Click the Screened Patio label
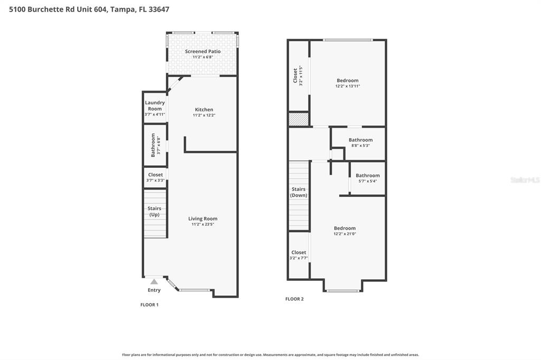pyautogui.click(x=203, y=51)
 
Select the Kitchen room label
pyautogui.click(x=204, y=110)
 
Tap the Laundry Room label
pyautogui.click(x=155, y=106)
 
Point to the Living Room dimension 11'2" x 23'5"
pyautogui.click(x=203, y=224)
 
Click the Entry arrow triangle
pyautogui.click(x=154, y=282)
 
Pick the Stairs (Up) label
pyautogui.click(x=154, y=212)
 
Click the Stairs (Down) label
pyautogui.click(x=299, y=192)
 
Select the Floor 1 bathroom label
pyautogui.click(x=153, y=145)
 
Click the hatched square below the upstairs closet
pyautogui.click(x=299, y=119)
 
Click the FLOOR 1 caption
pyautogui.click(x=150, y=305)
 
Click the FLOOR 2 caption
pyautogui.click(x=294, y=299)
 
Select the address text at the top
pyautogui.click(x=86, y=10)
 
